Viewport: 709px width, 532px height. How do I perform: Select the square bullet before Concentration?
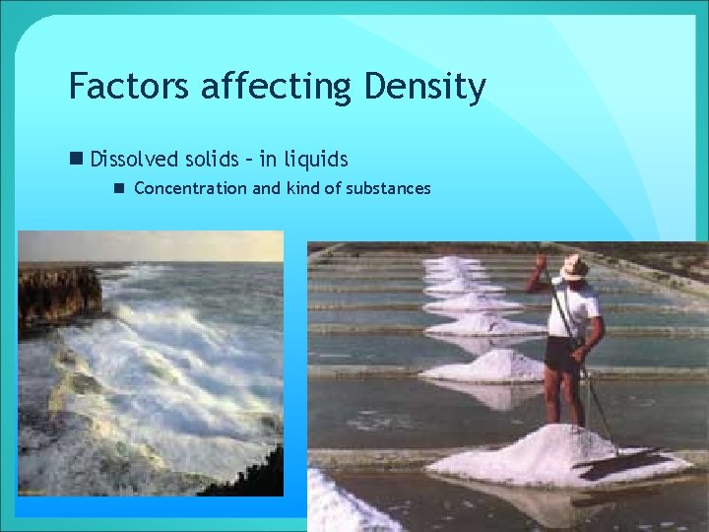tap(119, 188)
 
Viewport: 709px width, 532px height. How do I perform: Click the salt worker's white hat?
tap(573, 266)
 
